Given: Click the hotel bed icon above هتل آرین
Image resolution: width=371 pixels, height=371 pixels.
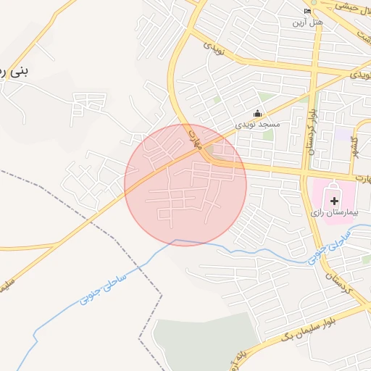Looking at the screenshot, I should tap(307, 12).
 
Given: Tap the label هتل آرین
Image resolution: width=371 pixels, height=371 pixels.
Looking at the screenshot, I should tap(307, 22).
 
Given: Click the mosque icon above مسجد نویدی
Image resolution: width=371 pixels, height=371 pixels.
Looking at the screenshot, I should tap(257, 112).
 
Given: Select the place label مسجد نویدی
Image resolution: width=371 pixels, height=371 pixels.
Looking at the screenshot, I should tap(257, 125).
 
